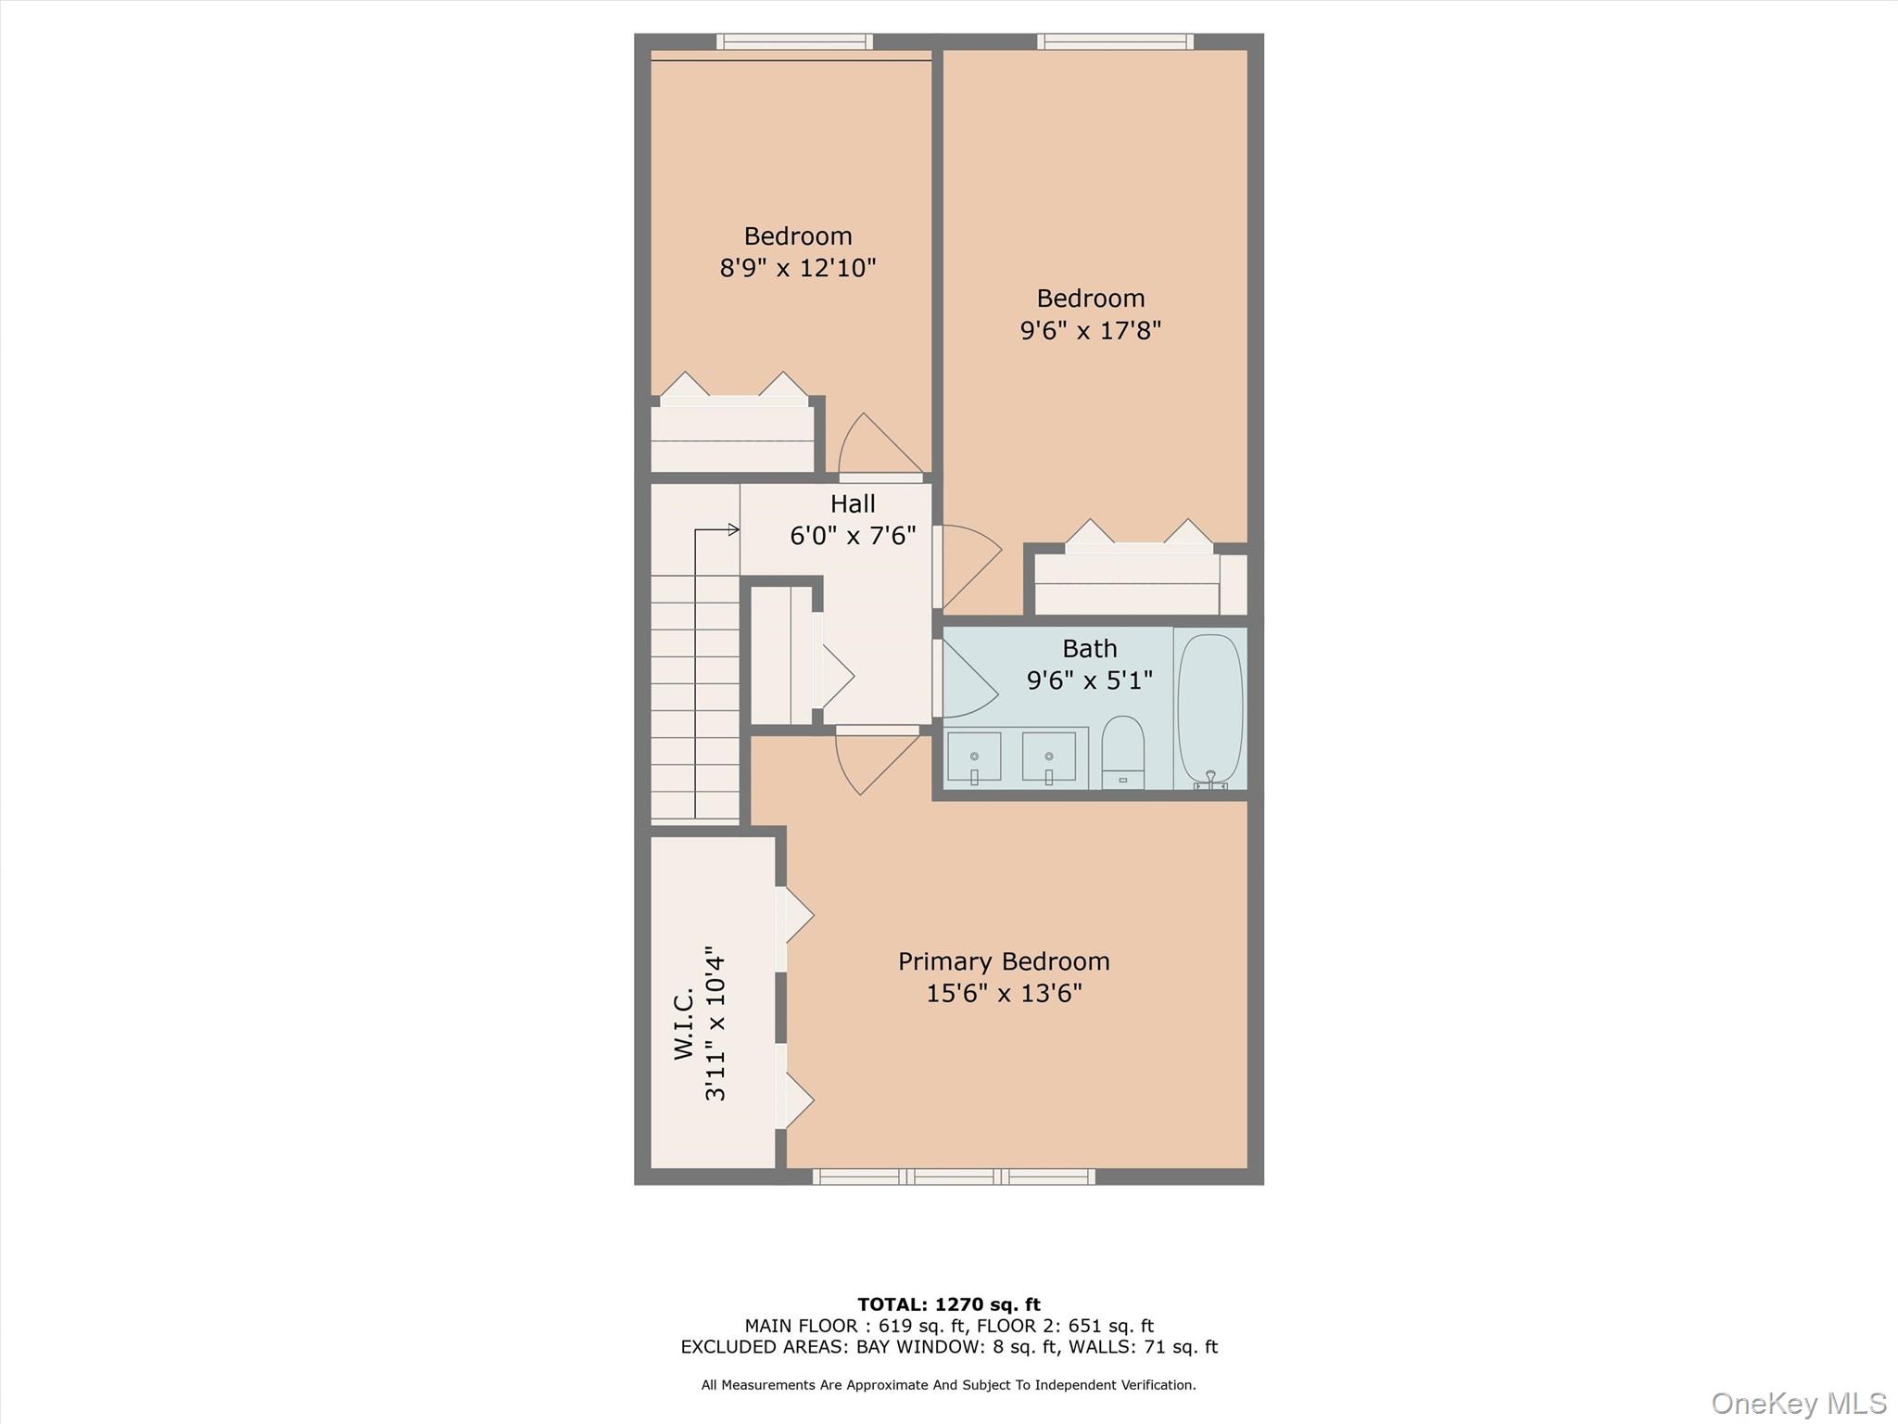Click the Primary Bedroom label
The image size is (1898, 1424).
pyautogui.click(x=1004, y=961)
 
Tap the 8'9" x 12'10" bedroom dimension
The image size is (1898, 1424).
pyautogui.click(x=797, y=268)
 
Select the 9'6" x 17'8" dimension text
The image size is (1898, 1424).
pyautogui.click(x=1090, y=330)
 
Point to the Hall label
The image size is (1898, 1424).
pyautogui.click(x=853, y=503)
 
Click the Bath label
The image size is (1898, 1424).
pyautogui.click(x=1089, y=648)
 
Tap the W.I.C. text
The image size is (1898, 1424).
pyautogui.click(x=684, y=1023)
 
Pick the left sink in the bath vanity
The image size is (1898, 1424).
pyautogui.click(x=974, y=756)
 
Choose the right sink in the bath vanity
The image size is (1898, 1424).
pyautogui.click(x=1048, y=756)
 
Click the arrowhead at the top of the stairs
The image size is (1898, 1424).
pyautogui.click(x=733, y=530)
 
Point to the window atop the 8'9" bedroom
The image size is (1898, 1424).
pyautogui.click(x=794, y=42)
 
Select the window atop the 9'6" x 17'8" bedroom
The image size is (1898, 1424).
pyautogui.click(x=1115, y=42)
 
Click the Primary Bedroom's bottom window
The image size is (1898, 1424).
pyautogui.click(x=954, y=1176)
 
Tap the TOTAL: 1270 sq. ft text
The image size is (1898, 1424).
pyautogui.click(x=948, y=1305)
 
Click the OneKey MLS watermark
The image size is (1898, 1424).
pyautogui.click(x=1798, y=1403)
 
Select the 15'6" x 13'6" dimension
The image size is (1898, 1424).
pyautogui.click(x=1004, y=994)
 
